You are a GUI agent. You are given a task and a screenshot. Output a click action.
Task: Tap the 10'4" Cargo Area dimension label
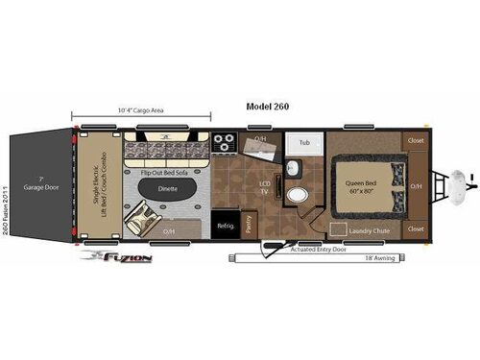(139, 111)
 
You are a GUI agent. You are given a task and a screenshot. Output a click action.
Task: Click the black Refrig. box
(226, 223)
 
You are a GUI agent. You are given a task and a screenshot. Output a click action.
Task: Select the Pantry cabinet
(249, 223)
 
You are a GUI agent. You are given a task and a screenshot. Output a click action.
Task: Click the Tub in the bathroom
(304, 143)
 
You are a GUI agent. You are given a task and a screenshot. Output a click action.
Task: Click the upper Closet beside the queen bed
(416, 140)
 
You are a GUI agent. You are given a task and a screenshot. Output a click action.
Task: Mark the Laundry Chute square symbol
(338, 228)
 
